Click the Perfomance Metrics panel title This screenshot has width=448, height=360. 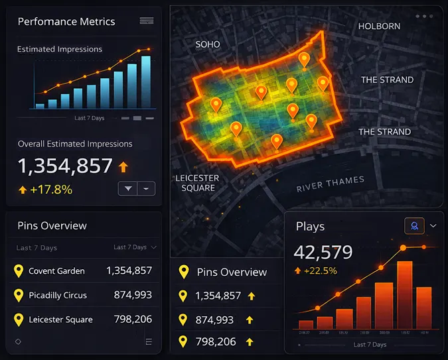point(66,22)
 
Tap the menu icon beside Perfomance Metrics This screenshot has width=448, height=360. point(147,21)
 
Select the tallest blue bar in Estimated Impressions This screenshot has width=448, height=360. point(145,82)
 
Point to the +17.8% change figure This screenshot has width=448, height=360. point(52,190)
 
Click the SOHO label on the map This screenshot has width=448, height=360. point(207,44)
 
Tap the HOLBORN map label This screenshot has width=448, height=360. point(379,27)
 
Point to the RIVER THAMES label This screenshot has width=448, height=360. point(330,184)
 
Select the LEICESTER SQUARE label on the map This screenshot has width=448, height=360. point(196,183)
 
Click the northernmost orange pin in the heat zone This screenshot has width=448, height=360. point(304,60)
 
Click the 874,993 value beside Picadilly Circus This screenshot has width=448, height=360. point(129,295)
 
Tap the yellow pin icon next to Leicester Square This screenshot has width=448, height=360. point(19,320)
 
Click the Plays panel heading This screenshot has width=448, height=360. point(310,227)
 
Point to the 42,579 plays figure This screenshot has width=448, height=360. point(323,252)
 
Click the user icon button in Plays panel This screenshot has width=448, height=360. point(414,225)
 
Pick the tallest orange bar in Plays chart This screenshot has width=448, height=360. point(404,295)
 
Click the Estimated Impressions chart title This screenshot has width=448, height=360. point(60,49)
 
